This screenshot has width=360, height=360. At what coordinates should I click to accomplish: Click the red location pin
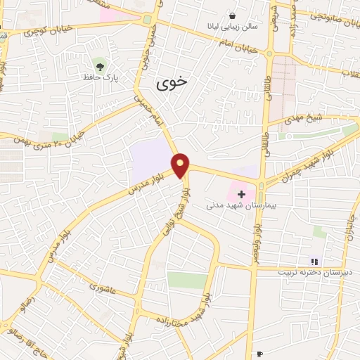(x=181, y=165)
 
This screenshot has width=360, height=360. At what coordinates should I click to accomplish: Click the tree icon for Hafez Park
(x=102, y=67)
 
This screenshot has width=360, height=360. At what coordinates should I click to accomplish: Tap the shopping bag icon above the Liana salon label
(x=232, y=15)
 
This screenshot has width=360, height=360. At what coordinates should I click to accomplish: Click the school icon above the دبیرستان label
(x=314, y=262)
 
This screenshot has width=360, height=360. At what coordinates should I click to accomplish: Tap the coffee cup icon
(x=260, y=353)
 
